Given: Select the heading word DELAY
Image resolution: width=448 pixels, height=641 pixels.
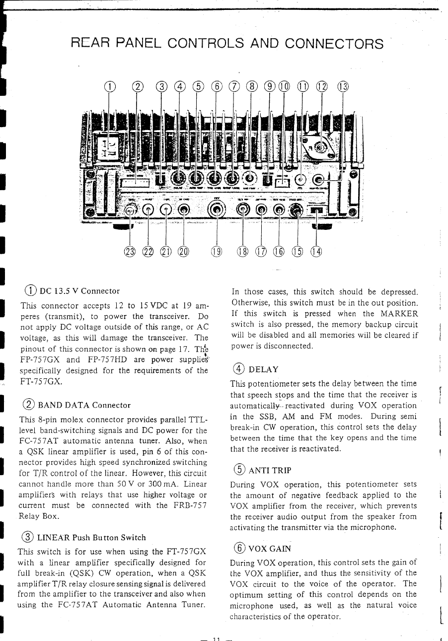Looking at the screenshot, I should (x=264, y=369).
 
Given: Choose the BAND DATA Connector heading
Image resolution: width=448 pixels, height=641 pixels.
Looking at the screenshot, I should (x=84, y=405).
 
